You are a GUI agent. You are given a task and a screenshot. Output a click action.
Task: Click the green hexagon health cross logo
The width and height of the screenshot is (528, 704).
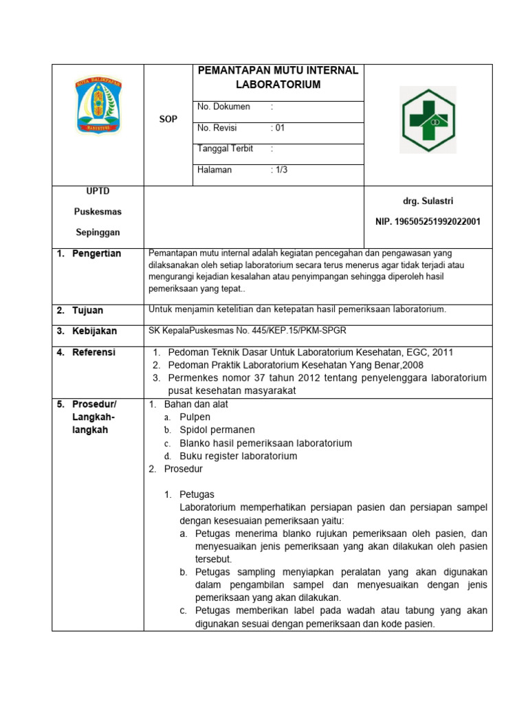(428, 120)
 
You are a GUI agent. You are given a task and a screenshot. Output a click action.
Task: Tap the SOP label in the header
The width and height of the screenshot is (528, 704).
(168, 119)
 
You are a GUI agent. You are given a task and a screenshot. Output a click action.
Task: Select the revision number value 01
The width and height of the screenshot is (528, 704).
(278, 128)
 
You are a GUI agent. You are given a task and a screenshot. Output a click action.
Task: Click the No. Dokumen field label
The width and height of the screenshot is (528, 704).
(223, 107)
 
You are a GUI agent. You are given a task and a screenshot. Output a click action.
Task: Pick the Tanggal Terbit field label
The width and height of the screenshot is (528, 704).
(225, 148)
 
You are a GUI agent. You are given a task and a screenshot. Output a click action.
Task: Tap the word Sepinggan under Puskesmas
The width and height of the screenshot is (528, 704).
(98, 232)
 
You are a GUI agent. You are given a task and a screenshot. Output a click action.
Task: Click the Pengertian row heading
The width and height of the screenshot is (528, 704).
(97, 254)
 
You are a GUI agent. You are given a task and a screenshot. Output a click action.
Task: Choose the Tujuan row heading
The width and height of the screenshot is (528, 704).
(87, 310)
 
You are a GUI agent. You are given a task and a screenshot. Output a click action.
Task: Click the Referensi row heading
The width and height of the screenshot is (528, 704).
(94, 352)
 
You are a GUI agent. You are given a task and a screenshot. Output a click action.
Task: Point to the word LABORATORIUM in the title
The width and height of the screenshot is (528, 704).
(278, 85)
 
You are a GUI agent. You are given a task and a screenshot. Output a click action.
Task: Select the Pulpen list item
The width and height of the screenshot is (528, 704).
(195, 417)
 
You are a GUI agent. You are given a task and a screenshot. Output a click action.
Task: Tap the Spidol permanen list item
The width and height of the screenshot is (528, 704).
(217, 430)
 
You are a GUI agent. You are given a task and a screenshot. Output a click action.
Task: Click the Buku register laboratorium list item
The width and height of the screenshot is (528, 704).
(238, 456)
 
